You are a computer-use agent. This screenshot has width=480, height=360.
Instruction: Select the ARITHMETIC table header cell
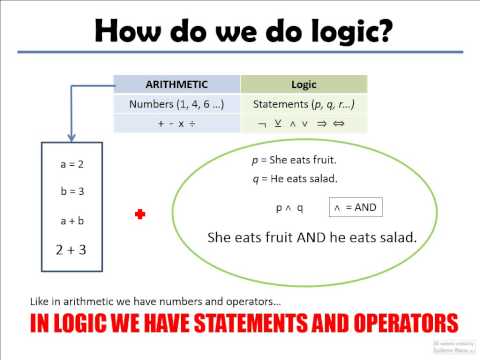coord(176,85)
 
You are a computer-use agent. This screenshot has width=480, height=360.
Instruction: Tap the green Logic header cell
coord(304,85)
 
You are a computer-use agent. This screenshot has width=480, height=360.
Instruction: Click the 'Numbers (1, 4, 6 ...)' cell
coord(176,104)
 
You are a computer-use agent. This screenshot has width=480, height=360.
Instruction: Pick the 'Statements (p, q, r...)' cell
coord(304,104)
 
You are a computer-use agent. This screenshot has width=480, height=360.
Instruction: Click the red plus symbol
coord(140,214)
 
